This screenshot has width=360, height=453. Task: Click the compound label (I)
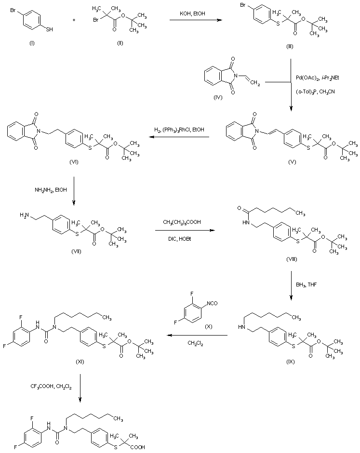[32, 43]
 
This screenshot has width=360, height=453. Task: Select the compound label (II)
[120, 43]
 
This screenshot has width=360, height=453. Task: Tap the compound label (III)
[290, 47]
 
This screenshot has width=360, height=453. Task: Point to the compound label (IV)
[218, 97]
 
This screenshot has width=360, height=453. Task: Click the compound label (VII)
[76, 251]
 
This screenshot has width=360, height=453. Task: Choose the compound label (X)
[208, 327]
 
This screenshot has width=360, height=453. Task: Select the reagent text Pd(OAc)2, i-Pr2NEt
[317, 78]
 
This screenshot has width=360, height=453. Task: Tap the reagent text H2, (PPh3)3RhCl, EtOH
[179, 129]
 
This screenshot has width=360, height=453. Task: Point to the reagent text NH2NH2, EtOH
[51, 190]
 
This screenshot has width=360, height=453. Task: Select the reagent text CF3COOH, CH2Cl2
[51, 387]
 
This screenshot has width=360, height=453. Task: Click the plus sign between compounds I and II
[74, 20]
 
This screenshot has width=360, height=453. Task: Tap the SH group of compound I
[50, 29]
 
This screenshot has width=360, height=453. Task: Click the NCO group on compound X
[212, 303]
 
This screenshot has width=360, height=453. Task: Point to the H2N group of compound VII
[24, 215]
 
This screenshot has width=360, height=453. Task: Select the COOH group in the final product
[138, 447]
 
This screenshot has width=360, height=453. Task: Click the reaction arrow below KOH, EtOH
[196, 20]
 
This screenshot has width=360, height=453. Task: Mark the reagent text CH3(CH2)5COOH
[182, 222]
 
